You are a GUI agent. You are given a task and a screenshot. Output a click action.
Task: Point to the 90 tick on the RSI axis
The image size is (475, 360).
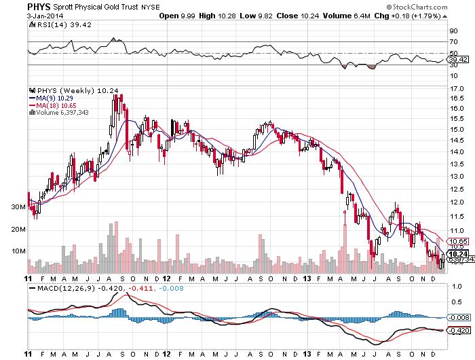point(452,31)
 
